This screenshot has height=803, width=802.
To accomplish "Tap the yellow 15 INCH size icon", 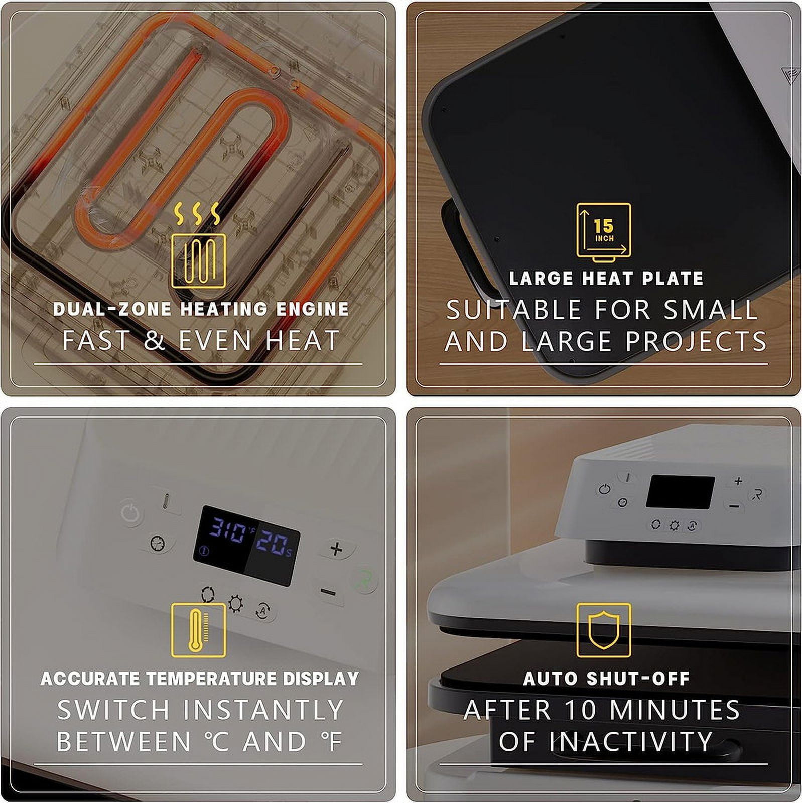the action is tap(603, 232).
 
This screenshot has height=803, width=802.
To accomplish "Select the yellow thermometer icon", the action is tap(198, 630).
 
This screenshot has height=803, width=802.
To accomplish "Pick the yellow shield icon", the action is tap(603, 630).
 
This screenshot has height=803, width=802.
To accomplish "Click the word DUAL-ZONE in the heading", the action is tap(112, 309).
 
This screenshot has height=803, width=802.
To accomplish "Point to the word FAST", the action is tap(96, 340).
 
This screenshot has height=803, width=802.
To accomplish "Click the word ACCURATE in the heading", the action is tap(90, 679).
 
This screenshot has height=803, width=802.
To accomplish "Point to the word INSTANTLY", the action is tap(263, 710).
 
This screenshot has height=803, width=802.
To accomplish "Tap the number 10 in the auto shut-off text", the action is tap(581, 710).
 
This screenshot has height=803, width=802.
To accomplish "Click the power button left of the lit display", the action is tap(131, 513).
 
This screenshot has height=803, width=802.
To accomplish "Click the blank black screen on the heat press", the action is tap(681, 492).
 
